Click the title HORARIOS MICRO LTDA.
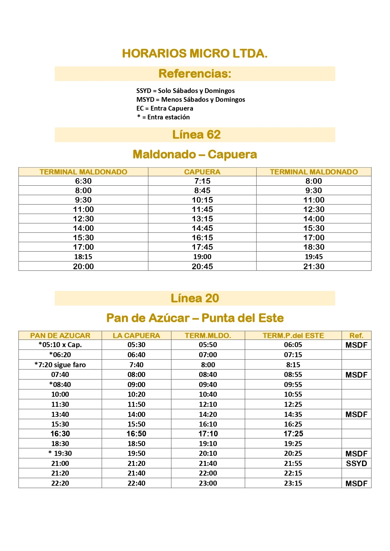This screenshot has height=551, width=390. pyautogui.click(x=195, y=54)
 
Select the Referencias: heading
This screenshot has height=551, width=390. pyautogui.click(x=195, y=74)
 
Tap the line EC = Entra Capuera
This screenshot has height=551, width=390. pyautogui.click(x=165, y=108)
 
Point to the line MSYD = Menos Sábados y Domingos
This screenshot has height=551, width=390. pyautogui.click(x=190, y=100)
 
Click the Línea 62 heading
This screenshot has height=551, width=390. pyautogui.click(x=196, y=135)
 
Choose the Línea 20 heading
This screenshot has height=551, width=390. pyautogui.click(x=195, y=298)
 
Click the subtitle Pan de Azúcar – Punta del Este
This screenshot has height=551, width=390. pyautogui.click(x=195, y=318)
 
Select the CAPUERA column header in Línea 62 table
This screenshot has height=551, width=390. pyautogui.click(x=202, y=172)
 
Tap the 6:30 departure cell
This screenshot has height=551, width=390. pyautogui.click(x=83, y=181)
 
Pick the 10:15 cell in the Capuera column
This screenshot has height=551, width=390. pyautogui.click(x=202, y=200)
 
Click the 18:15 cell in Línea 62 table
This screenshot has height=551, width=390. pyautogui.click(x=83, y=257)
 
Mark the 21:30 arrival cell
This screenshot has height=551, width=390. pyautogui.click(x=314, y=266)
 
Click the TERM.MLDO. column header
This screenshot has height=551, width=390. pyautogui.click(x=208, y=336)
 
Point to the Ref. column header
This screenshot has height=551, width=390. pyautogui.click(x=356, y=336)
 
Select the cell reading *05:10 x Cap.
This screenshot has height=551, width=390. pyautogui.click(x=60, y=345)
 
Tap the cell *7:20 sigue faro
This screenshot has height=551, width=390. pyautogui.click(x=60, y=365)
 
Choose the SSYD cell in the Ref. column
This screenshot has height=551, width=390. pyautogui.click(x=356, y=463)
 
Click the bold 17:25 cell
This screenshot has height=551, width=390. pyautogui.click(x=293, y=434)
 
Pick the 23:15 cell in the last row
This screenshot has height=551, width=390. pyautogui.click(x=293, y=483)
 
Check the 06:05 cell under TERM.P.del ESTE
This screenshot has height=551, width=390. pyautogui.click(x=293, y=345)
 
